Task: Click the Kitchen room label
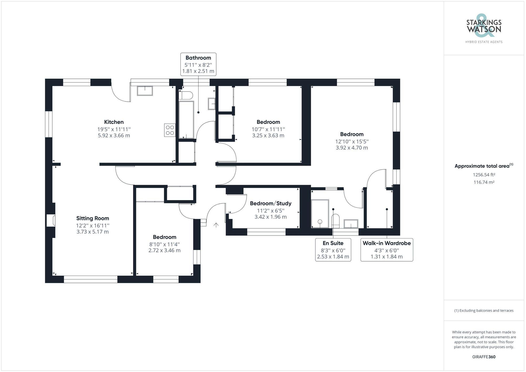point(114,122)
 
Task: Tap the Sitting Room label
point(93,218)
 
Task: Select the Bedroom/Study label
point(270,203)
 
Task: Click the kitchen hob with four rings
point(170,130)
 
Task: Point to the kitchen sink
point(145,91)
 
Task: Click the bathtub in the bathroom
point(186,120)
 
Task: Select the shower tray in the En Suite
point(320,213)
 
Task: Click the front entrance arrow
point(216,225)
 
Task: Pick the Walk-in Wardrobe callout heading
point(387,243)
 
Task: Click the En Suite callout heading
point(333,243)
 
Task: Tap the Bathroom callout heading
point(198,58)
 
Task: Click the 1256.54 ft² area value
point(484,175)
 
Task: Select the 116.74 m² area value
point(484,182)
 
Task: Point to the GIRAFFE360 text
point(484,357)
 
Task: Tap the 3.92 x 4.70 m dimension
point(352,148)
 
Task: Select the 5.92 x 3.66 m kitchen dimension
point(114,136)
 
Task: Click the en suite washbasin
point(351,224)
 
